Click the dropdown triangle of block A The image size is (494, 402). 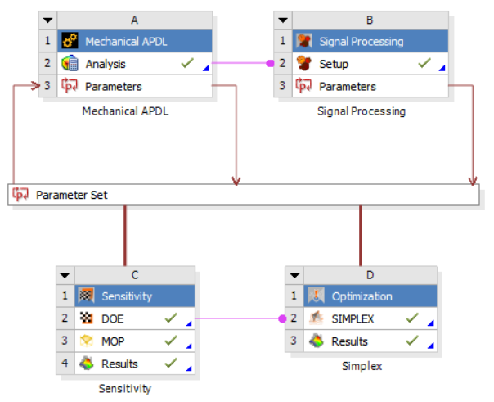tap(48, 20)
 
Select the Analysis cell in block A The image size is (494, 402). tap(134, 64)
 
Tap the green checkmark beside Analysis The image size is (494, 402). tap(187, 63)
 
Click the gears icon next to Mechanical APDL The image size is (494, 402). tap(70, 41)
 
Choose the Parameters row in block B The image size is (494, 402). tap(370, 86)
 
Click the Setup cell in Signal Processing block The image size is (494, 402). tap(370, 64)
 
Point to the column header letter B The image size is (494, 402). tap(370, 20)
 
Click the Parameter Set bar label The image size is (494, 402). tap(72, 195)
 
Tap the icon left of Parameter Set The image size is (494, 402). tap(20, 194)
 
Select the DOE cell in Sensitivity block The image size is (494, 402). tap(134, 318)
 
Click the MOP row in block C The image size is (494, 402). tap(134, 341)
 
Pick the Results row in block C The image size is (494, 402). tap(134, 364)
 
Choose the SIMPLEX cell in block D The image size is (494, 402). tap(370, 318)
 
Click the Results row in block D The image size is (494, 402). tap(370, 341)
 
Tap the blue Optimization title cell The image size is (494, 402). tap(370, 296)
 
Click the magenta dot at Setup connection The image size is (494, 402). tap(270, 63)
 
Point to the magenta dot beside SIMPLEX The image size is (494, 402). tap(283, 318)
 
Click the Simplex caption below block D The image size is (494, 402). tap(362, 366)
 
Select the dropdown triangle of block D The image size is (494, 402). tap(294, 275)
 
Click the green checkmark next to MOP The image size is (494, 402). tap(171, 341)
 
